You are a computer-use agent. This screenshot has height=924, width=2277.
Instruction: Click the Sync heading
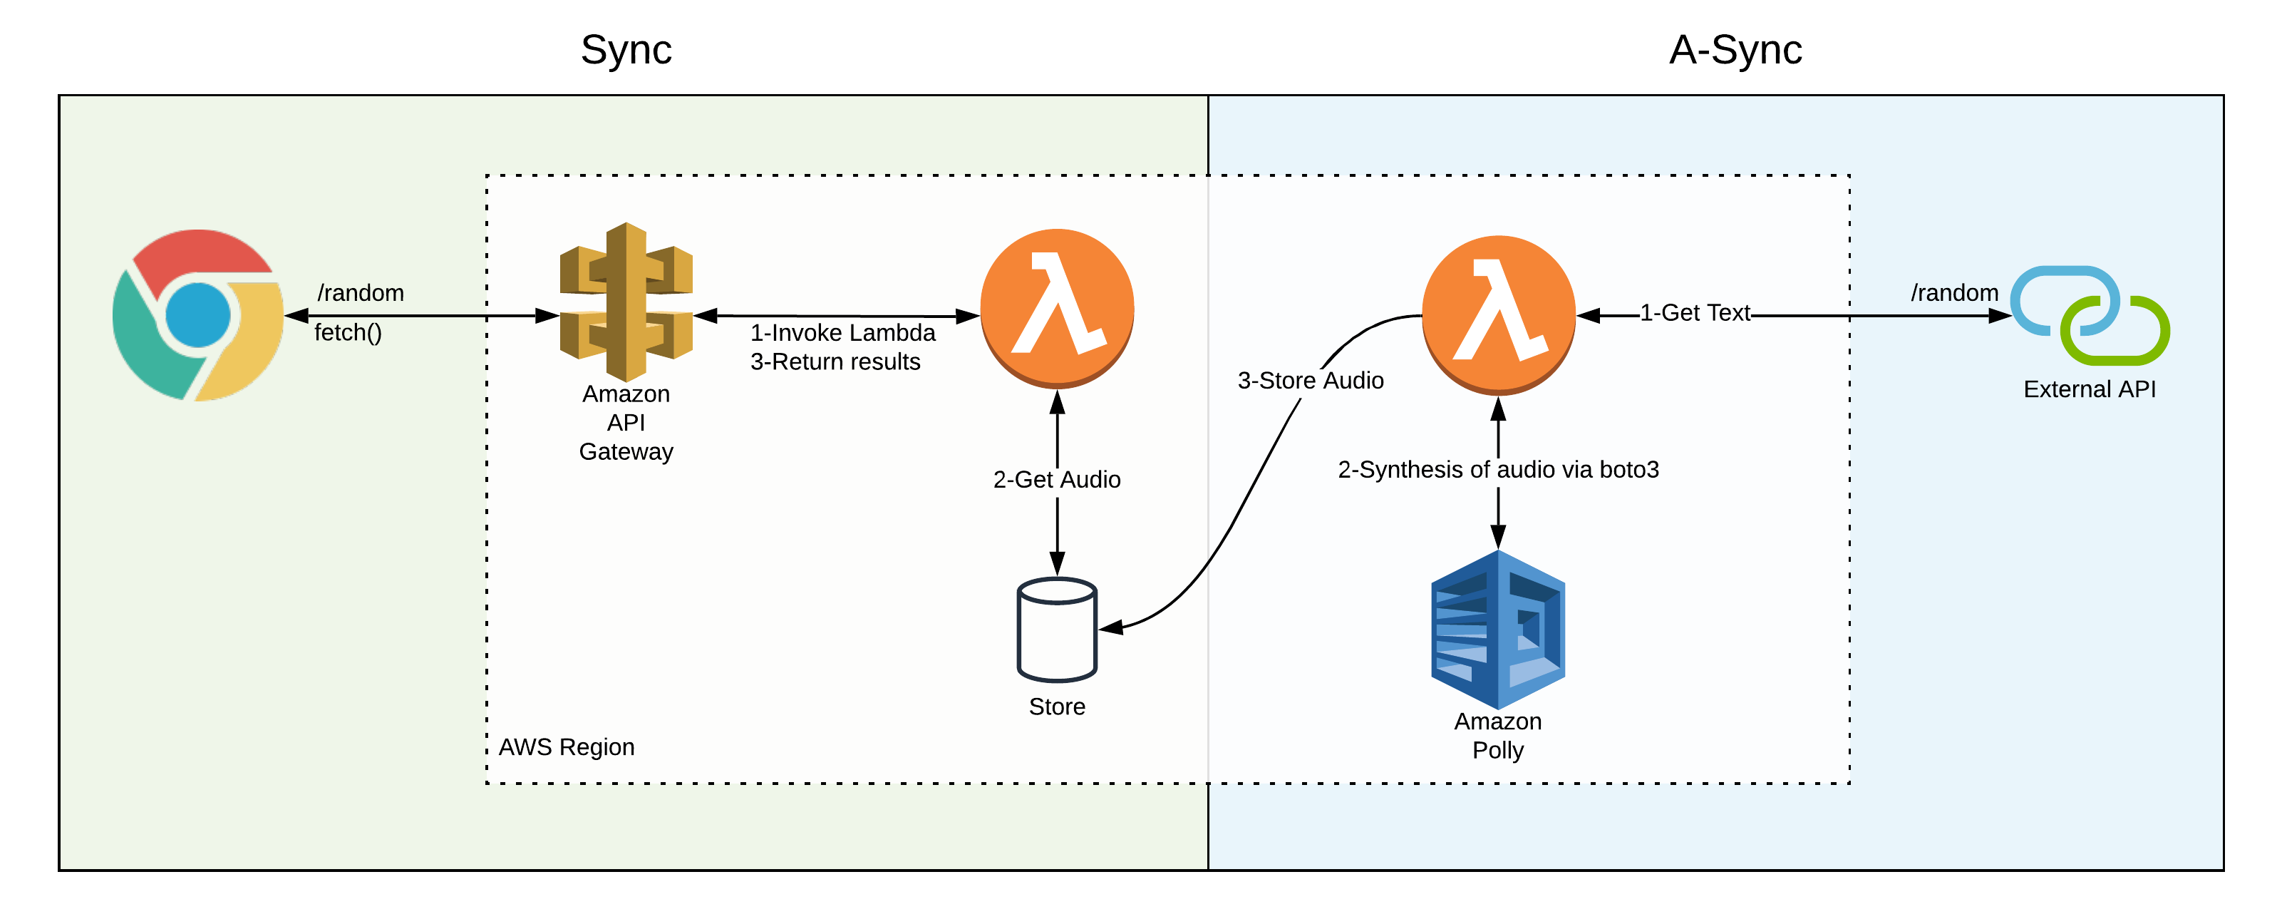[626, 49]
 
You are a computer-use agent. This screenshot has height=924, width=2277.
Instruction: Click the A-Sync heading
[1734, 49]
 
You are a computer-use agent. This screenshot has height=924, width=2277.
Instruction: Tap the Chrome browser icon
[198, 315]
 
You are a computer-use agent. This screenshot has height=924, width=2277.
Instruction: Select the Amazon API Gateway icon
[626, 302]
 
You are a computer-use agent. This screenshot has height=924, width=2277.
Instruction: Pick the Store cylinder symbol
[1056, 629]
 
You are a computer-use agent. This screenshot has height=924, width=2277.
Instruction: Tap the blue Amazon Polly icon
[1497, 629]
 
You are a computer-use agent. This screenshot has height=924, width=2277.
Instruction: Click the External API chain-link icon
[2090, 316]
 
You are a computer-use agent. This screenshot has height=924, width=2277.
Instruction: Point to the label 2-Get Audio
[1056, 479]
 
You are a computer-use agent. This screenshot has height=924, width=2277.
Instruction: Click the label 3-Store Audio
[1310, 380]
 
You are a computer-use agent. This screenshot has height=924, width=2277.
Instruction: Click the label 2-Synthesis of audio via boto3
[1497, 470]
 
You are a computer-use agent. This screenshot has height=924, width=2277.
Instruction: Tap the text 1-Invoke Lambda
[842, 332]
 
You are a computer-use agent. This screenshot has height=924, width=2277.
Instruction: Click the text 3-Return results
[835, 361]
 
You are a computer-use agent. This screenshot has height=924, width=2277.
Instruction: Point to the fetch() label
[347, 332]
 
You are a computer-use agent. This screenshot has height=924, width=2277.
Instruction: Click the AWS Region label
[566, 747]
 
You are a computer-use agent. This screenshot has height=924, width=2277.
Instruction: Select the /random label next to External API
[1953, 293]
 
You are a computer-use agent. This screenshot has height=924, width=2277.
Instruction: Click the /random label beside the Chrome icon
[360, 293]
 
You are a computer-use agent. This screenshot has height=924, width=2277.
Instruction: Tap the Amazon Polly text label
[1497, 736]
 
